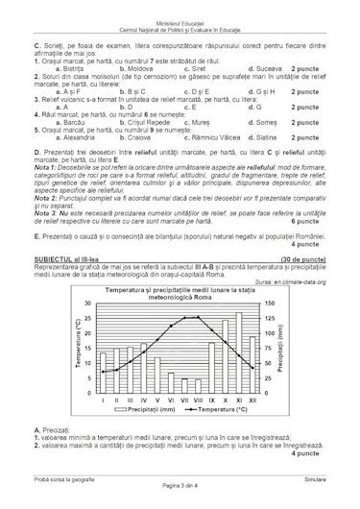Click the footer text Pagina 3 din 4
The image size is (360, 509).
click(x=180, y=499)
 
